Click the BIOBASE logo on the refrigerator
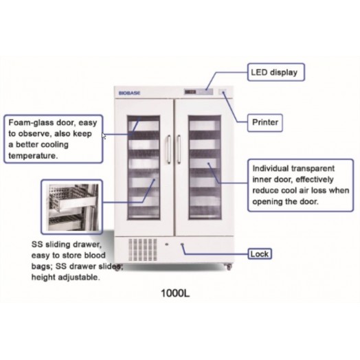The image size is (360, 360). (x=129, y=93)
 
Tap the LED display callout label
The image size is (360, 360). (x=276, y=72)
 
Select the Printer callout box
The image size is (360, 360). (x=265, y=122)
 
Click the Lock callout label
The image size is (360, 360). (x=260, y=254)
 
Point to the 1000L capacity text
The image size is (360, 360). (x=175, y=293)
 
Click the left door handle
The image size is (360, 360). (x=169, y=149)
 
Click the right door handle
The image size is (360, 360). (x=179, y=149)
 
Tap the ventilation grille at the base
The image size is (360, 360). (x=143, y=249)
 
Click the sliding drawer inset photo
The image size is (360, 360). (x=72, y=207)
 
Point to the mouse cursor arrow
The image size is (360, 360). (x=104, y=136)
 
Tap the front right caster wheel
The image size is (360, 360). (x=229, y=267)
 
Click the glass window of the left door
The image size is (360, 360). (x=144, y=168)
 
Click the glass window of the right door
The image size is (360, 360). (x=205, y=168)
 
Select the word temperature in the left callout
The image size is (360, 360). (x=33, y=156)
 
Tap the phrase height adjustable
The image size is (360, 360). (x=66, y=278)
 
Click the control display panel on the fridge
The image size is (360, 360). (x=199, y=92)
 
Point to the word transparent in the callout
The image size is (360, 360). (x=313, y=168)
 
